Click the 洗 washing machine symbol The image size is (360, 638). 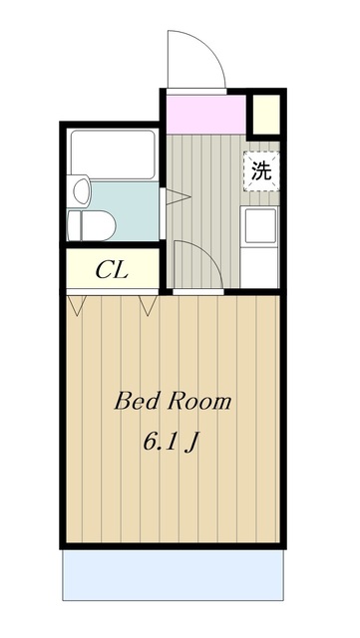pyautogui.click(x=261, y=171)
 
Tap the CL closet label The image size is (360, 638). pyautogui.click(x=112, y=270)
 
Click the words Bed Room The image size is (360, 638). pyautogui.click(x=173, y=401)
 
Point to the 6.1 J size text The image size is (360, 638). pyautogui.click(x=171, y=442)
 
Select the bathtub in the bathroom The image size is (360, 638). pyautogui.click(x=113, y=155)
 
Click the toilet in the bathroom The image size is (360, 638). pyautogui.click(x=92, y=225)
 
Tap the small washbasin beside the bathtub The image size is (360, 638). pyautogui.click(x=82, y=190)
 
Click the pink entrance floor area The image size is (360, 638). pyautogui.click(x=206, y=114)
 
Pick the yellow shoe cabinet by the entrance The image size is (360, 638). pyautogui.click(x=266, y=114)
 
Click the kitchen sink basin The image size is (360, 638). pyautogui.click(x=260, y=226)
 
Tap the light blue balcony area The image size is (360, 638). pyautogui.click(x=173, y=575)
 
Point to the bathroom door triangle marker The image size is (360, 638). pyautogui.click(x=178, y=197)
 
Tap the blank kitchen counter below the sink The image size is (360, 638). pyautogui.click(x=259, y=266)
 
